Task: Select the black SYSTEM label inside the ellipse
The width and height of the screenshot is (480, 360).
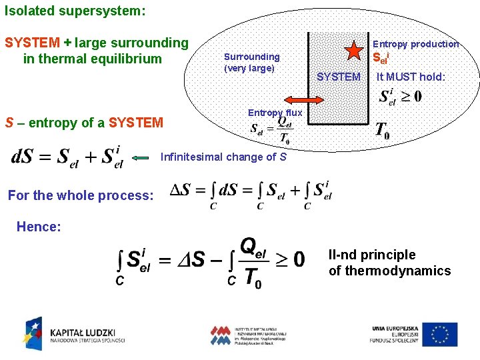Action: tap(338, 77)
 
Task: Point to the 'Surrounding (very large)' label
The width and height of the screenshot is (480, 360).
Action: tap(251, 63)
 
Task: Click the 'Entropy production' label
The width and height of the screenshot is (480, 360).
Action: tap(416, 44)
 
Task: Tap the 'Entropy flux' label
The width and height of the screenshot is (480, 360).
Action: tap(275, 113)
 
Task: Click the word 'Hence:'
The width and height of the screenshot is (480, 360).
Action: tap(38, 227)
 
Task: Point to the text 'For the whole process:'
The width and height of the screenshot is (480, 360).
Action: tap(81, 195)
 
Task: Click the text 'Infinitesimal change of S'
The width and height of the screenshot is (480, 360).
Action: tap(224, 157)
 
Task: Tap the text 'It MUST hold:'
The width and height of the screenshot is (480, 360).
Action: tap(411, 77)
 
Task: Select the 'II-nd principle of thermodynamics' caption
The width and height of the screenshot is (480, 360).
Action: tap(389, 263)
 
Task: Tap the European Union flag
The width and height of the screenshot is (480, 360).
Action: tap(440, 334)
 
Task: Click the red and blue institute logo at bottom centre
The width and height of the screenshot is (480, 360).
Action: tap(247, 335)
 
